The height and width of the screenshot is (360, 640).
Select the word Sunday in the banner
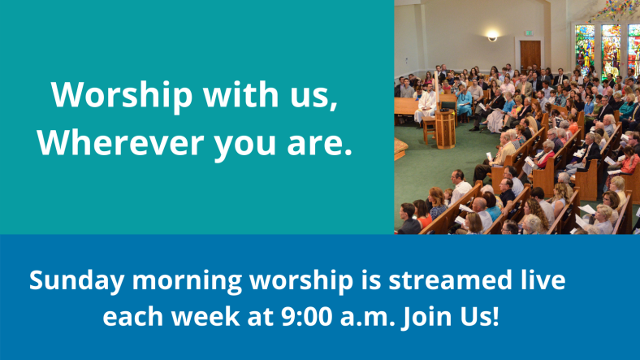click(76, 281)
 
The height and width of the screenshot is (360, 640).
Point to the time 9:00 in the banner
click(306, 316)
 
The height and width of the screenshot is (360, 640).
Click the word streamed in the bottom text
click(450, 280)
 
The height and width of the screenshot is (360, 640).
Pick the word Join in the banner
click(426, 317)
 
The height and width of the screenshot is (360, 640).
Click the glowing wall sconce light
click(492, 37)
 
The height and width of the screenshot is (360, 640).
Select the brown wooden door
click(530, 55)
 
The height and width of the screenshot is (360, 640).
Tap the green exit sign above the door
click(528, 33)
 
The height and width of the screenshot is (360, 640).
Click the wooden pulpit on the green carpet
click(445, 128)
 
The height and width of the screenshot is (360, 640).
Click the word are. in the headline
click(319, 144)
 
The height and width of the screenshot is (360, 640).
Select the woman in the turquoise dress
click(465, 102)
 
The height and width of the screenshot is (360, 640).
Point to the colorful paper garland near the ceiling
click(612, 11)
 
